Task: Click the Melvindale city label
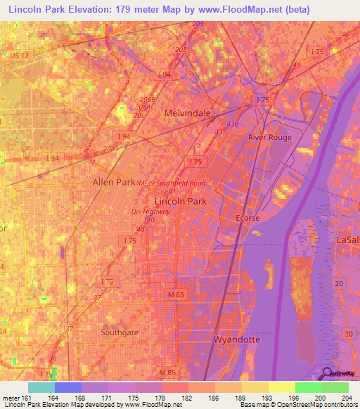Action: [x=187, y=112]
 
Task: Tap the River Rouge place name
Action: [x=269, y=138]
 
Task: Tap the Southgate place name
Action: [x=120, y=332]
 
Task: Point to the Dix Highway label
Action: [x=150, y=210]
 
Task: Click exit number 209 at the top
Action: [x=198, y=24]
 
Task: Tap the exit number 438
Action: [x=233, y=124]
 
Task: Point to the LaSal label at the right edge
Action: [x=348, y=240]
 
